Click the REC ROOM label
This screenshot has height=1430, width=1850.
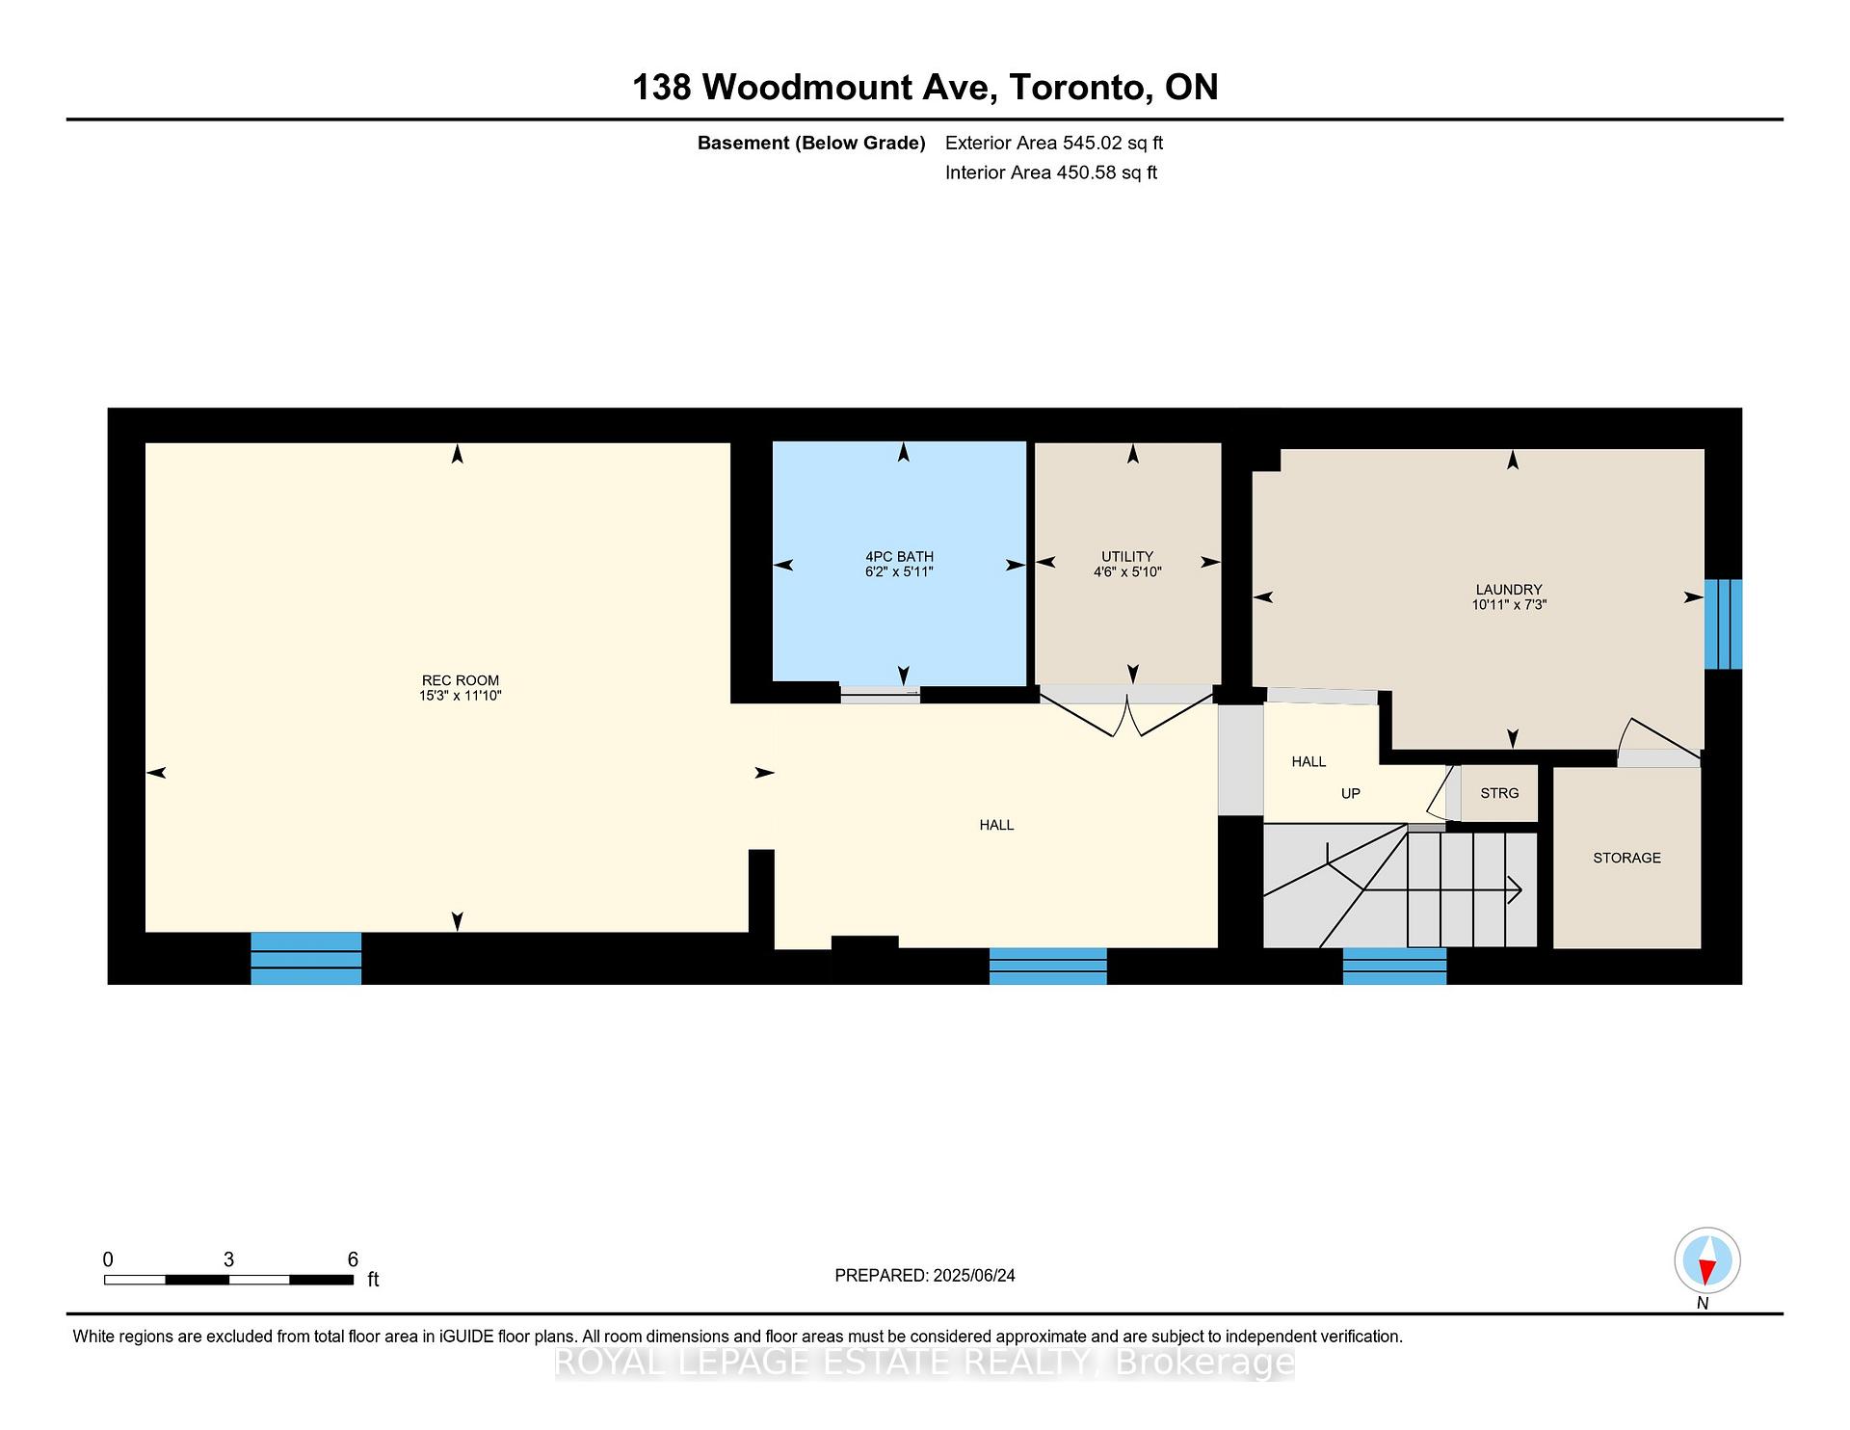pyautogui.click(x=461, y=680)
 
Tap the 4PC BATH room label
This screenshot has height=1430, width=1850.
pyautogui.click(x=899, y=557)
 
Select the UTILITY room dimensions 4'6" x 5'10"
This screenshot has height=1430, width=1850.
pyautogui.click(x=1127, y=572)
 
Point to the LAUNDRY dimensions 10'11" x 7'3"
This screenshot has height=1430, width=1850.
pyautogui.click(x=1509, y=605)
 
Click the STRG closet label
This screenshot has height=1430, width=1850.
pyautogui.click(x=1499, y=793)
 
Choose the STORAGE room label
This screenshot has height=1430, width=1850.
pyautogui.click(x=1626, y=858)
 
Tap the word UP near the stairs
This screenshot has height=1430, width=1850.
pyautogui.click(x=1351, y=793)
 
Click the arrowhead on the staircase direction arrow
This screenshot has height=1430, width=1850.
pyautogui.click(x=1515, y=890)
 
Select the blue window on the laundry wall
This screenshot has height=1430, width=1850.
pyautogui.click(x=1723, y=624)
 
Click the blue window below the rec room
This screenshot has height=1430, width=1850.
pyautogui.click(x=306, y=959)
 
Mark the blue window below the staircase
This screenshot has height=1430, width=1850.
pyautogui.click(x=1394, y=967)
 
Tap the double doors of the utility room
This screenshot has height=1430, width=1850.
pyautogui.click(x=1126, y=714)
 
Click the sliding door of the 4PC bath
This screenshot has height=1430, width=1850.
pyautogui.click(x=880, y=693)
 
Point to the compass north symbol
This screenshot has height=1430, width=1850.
pyautogui.click(x=1706, y=1261)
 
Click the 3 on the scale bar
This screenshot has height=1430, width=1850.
pyautogui.click(x=228, y=1259)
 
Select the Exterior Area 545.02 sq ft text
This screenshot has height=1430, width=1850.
pyautogui.click(x=1054, y=143)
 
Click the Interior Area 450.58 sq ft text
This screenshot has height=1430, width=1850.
pyautogui.click(x=1051, y=172)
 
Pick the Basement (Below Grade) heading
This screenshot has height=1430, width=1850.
pyautogui.click(x=811, y=144)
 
